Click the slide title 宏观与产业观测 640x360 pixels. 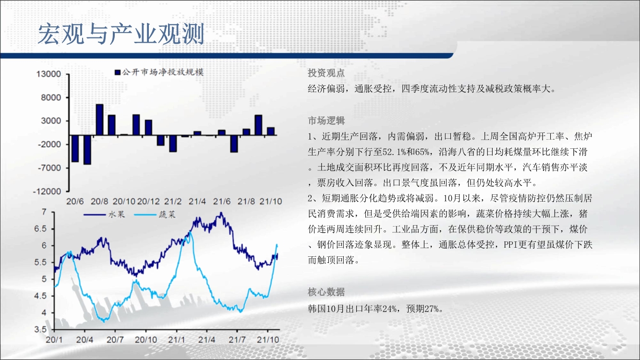pyautogui.click(x=121, y=34)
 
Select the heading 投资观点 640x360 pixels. pyautogui.click(x=326, y=73)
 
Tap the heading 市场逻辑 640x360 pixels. pyautogui.click(x=326, y=121)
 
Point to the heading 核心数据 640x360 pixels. pyautogui.click(x=326, y=292)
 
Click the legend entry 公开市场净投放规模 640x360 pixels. pyautogui.click(x=159, y=72)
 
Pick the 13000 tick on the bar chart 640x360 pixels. pyautogui.click(x=48, y=74)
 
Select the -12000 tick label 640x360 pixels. pyautogui.click(x=47, y=191)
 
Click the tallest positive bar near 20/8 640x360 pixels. pyautogui.click(x=99, y=120)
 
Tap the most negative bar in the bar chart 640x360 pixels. pyautogui.click(x=87, y=149)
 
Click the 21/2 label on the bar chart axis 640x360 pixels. pyautogui.click(x=173, y=202)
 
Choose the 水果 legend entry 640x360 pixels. pyautogui.click(x=105, y=215)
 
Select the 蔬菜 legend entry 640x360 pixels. pyautogui.click(x=155, y=215)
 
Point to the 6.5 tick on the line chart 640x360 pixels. pyautogui.click(x=40, y=229)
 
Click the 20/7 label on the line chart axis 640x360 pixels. pyautogui.click(x=115, y=340)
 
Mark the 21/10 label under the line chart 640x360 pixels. pyautogui.click(x=268, y=340)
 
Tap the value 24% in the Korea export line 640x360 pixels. pyautogui.click(x=389, y=309)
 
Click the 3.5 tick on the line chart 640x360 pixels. pyautogui.click(x=40, y=329)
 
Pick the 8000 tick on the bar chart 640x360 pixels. pyautogui.click(x=51, y=98)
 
